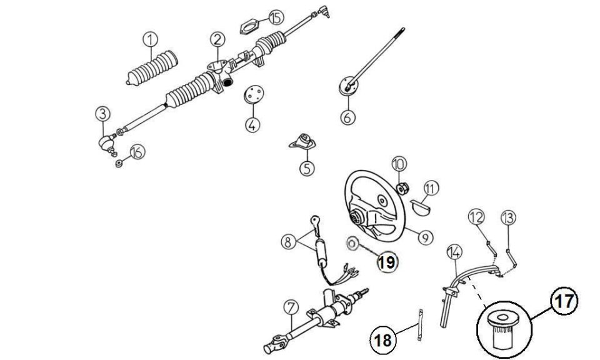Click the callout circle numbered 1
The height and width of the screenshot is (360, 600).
click(151, 39)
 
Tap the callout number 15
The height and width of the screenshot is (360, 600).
click(276, 17)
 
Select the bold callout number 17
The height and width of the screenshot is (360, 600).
click(564, 301)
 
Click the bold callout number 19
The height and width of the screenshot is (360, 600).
click(387, 262)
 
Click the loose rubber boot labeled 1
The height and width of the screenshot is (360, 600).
click(152, 68)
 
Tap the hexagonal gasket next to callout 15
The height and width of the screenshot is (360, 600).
click(249, 27)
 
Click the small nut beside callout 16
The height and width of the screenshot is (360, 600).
click(119, 164)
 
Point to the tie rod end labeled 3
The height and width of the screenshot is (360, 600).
click(107, 144)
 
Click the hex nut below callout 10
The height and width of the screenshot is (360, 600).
click(402, 189)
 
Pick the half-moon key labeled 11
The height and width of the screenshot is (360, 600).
click(421, 207)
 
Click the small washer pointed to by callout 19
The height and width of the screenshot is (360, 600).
click(352, 243)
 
